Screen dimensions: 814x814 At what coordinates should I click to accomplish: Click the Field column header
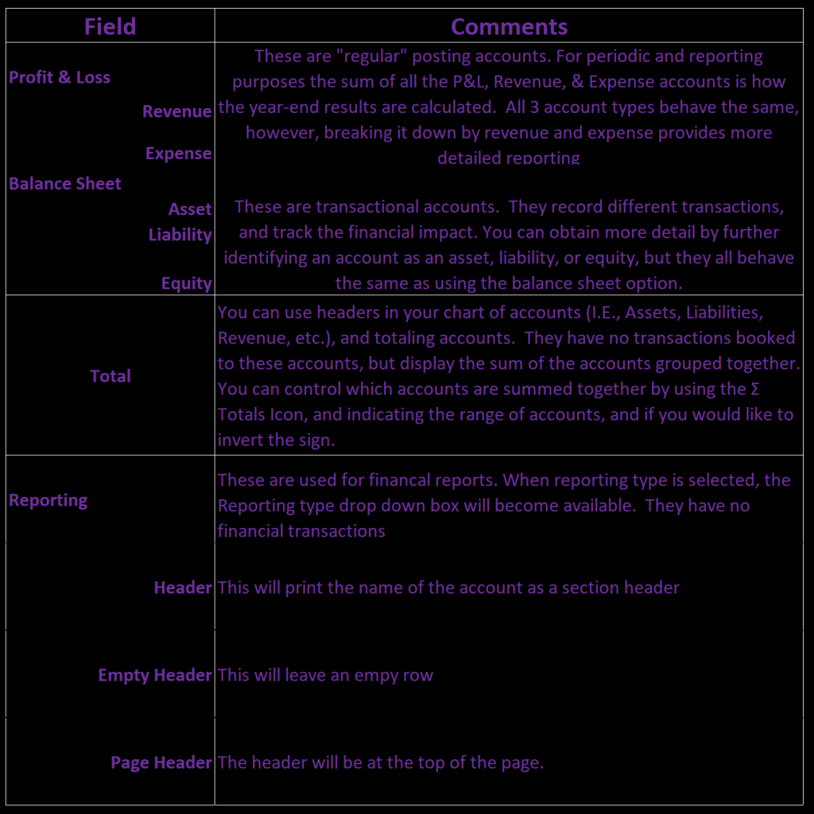[110, 26]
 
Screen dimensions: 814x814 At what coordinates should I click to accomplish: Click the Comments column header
[509, 26]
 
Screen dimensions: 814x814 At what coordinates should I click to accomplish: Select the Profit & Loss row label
[60, 77]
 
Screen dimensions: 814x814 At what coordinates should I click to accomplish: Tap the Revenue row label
[176, 111]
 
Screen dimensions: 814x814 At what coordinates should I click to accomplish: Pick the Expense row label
[178, 153]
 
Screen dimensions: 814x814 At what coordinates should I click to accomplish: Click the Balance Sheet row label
[65, 184]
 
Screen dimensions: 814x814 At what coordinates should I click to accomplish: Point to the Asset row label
[190, 209]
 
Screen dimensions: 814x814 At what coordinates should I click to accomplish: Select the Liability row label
[180, 235]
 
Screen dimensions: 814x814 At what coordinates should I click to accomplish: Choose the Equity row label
[186, 284]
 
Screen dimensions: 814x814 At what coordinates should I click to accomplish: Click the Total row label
[110, 376]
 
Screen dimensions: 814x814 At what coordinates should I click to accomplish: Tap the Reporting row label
[48, 500]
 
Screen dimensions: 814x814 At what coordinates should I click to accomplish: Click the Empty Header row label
[155, 675]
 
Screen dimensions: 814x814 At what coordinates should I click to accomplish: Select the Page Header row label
[161, 762]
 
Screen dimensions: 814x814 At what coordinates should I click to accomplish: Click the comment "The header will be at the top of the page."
[381, 762]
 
